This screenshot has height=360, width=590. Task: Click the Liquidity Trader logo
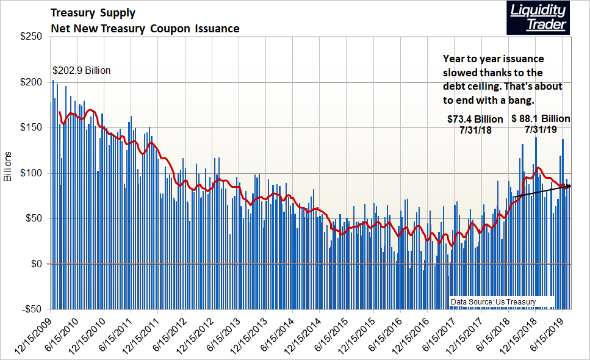coord(537,18)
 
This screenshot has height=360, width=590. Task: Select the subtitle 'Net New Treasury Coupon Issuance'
coord(145,29)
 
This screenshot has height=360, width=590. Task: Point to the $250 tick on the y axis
coord(30,37)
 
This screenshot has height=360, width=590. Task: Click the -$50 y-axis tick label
coord(31,309)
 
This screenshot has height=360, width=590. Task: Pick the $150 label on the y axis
coord(30,128)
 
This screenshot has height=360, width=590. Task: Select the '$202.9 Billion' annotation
coord(81,71)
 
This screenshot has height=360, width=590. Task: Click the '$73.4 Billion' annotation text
coord(474,118)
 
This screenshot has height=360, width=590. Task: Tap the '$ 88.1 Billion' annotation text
coord(541,118)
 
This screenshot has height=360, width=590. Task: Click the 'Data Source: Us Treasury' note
coord(493,302)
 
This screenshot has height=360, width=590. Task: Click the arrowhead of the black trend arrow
coord(568,186)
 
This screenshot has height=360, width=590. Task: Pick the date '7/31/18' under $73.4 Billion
coord(474,129)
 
